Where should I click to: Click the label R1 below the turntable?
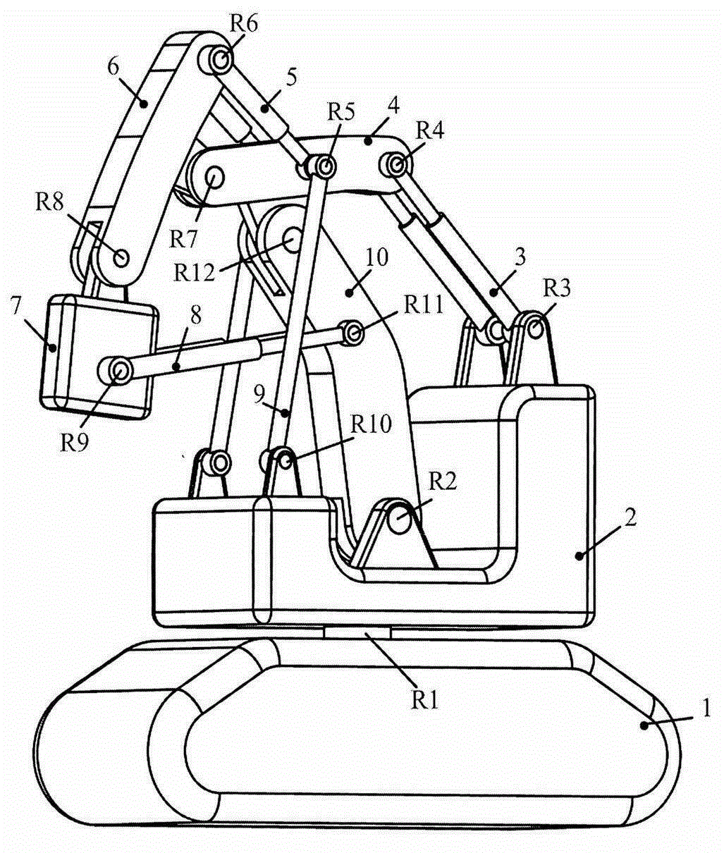tap(425, 699)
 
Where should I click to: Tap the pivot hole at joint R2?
tap(399, 522)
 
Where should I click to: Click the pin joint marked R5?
tap(325, 167)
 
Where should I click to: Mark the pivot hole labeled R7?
tap(215, 176)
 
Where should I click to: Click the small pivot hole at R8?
tap(121, 257)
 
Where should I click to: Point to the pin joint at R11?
tap(352, 331)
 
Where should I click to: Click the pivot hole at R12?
tap(294, 241)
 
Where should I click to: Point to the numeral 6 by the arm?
tap(113, 68)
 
